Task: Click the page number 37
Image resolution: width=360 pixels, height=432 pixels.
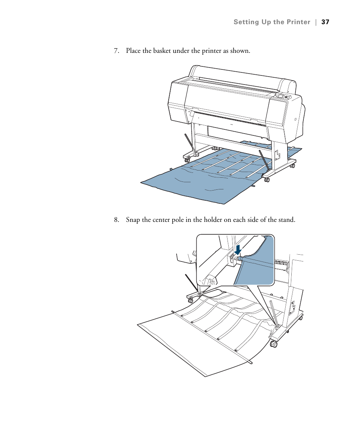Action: [325, 22]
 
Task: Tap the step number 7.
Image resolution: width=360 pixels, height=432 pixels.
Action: [117, 51]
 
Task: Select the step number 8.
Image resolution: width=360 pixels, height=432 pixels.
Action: [117, 220]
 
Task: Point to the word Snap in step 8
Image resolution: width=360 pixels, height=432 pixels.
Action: [132, 220]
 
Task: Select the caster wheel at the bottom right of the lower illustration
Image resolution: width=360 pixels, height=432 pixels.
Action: [274, 344]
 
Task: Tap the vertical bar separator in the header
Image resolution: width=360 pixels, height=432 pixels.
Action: [315, 22]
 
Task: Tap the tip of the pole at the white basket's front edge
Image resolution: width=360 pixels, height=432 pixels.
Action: [251, 363]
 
